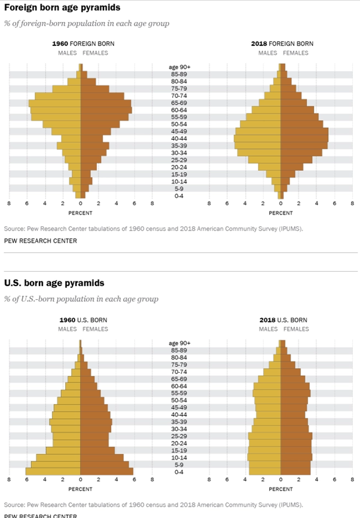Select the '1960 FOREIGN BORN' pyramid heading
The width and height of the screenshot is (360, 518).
click(83, 44)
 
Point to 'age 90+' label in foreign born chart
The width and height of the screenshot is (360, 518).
click(179, 67)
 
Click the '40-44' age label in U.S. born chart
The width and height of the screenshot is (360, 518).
click(179, 415)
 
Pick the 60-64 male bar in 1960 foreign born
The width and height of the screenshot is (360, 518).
click(55, 110)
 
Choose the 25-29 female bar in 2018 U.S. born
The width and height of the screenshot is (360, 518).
click(297, 436)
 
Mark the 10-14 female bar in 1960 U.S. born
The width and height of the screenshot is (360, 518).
click(102, 458)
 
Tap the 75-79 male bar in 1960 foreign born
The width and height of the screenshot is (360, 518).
click(66, 88)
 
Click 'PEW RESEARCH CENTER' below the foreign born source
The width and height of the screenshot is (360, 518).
click(41, 241)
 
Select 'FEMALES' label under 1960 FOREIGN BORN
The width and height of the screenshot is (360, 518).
click(95, 53)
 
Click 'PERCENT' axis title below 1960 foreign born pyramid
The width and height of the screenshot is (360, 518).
click(80, 212)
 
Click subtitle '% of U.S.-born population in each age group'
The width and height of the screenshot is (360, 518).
click(81, 299)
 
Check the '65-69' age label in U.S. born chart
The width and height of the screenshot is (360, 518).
click(179, 379)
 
